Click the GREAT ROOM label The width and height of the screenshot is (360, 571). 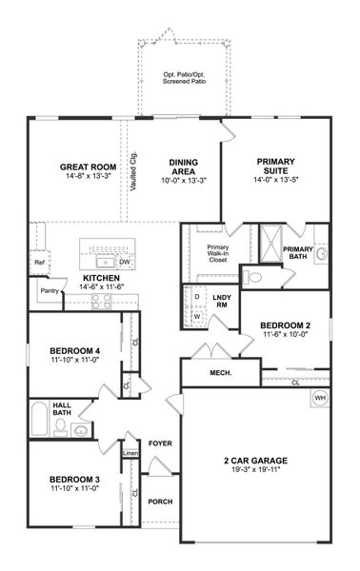coord(82,164)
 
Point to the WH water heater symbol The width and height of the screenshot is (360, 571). coord(319,397)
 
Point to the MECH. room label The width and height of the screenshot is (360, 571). coord(221,372)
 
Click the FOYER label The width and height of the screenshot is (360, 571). coord(159,443)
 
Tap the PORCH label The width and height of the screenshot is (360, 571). coord(159,502)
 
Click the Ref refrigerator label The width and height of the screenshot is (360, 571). coord(40,262)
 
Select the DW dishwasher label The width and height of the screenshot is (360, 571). coord(125,261)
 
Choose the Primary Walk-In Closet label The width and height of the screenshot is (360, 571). coord(218,253)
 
